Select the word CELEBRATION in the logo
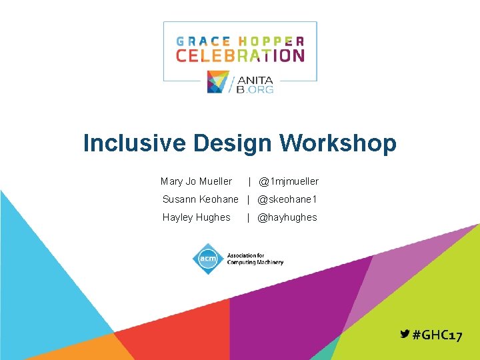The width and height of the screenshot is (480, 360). pyautogui.click(x=240, y=55)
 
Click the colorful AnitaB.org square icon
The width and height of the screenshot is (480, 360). pyautogui.click(x=218, y=82)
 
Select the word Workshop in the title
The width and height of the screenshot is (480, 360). pyautogui.click(x=338, y=143)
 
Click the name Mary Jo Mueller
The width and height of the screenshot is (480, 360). pyautogui.click(x=196, y=181)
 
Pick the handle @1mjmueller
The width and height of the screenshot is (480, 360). pyautogui.click(x=289, y=181)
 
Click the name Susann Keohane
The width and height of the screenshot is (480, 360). pyautogui.click(x=200, y=199)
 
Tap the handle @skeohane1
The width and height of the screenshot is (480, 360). pyautogui.click(x=287, y=199)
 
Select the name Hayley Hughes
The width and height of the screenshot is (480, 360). pyautogui.click(x=196, y=217)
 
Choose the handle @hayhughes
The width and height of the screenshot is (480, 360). pyautogui.click(x=287, y=217)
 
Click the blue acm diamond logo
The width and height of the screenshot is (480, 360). pyautogui.click(x=207, y=258)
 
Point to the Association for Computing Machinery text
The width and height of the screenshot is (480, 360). pyautogui.click(x=255, y=259)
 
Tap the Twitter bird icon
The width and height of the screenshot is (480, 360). pyautogui.click(x=405, y=335)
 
